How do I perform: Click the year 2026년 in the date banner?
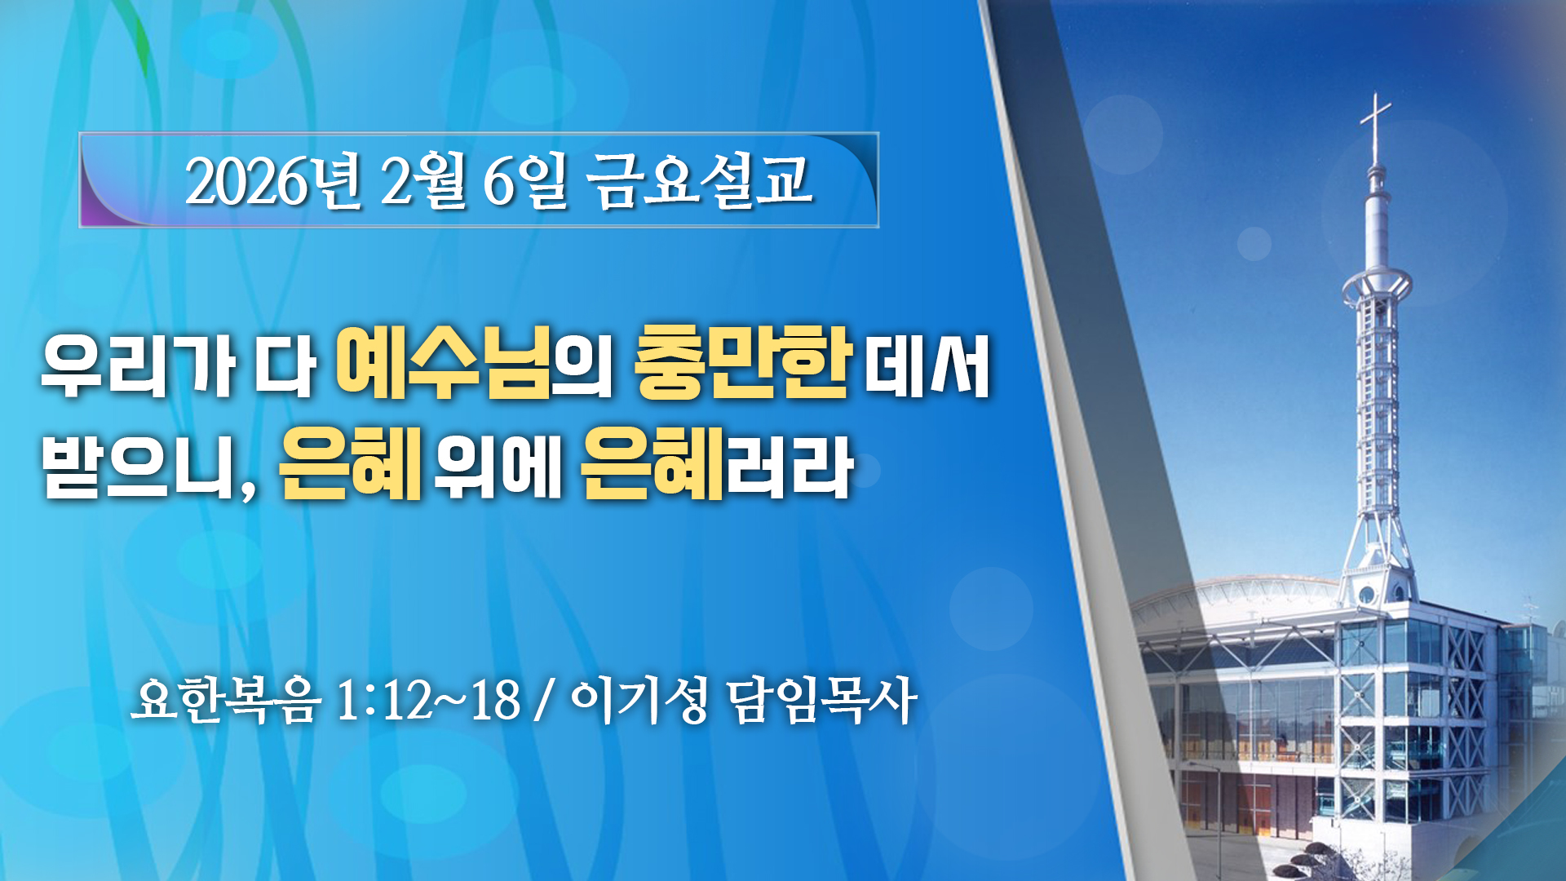tap(273, 181)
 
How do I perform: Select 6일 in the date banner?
tap(524, 181)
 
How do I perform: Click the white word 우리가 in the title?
tap(138, 365)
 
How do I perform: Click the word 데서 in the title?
tap(927, 365)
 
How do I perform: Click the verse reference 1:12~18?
tap(428, 700)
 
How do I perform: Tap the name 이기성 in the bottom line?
tap(639, 700)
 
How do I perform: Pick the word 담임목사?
tap(822, 700)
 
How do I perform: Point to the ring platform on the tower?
tap(1377, 286)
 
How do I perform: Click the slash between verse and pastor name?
tap(544, 700)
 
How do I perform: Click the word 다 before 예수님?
tap(285, 365)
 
